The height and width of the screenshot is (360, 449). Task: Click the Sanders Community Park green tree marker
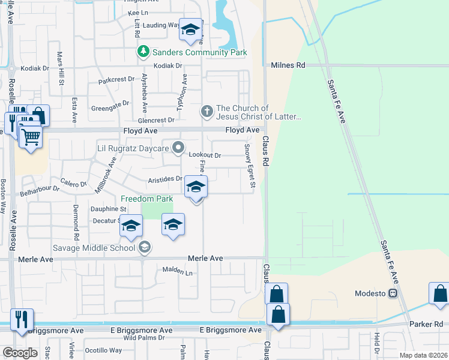[x=143, y=52]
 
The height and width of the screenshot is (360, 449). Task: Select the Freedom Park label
[x=146, y=199]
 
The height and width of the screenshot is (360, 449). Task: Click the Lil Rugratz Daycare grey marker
[x=178, y=147]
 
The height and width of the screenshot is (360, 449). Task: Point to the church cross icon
[x=207, y=112]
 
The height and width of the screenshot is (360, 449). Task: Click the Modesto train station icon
[x=394, y=293]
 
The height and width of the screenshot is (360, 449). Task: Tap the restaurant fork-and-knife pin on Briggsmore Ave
[x=22, y=320]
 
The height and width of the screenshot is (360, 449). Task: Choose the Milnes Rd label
[x=288, y=65]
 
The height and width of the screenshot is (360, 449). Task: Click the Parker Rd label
[x=426, y=325]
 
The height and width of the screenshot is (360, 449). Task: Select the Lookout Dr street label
[x=205, y=155]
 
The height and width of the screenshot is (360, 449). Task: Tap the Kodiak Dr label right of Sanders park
[x=167, y=65]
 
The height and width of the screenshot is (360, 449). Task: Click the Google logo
[x=19, y=353]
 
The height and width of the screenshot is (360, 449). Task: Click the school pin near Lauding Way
[x=190, y=31]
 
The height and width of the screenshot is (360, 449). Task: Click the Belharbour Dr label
[x=40, y=188]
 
